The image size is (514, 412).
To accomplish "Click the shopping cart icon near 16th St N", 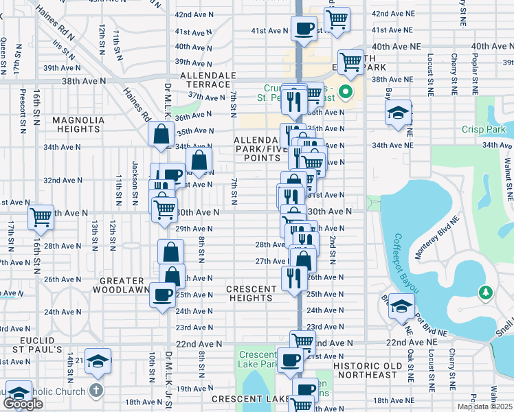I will pyautogui.click(x=41, y=217).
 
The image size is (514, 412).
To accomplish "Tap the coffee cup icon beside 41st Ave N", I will pyautogui.click(x=304, y=29).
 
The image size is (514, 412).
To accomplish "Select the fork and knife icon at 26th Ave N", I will pyautogui.click(x=293, y=278).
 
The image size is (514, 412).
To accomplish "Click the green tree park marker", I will pyautogui.click(x=487, y=293).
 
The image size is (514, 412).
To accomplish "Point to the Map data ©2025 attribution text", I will pyautogui.click(x=484, y=407).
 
